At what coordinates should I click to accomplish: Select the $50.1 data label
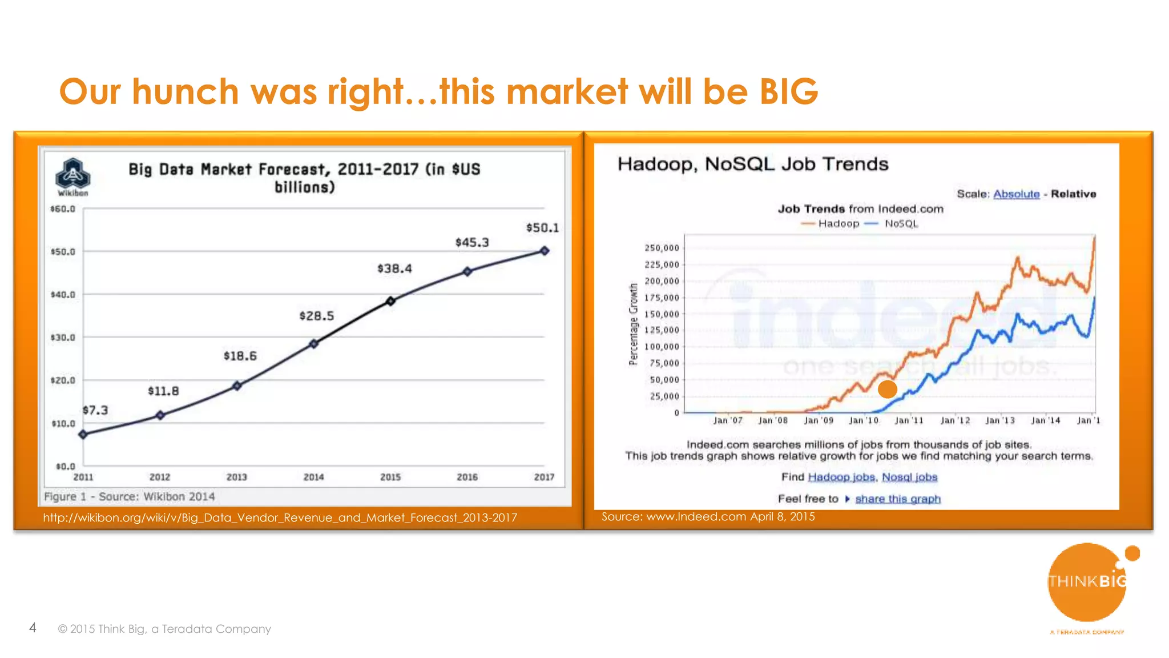(x=542, y=228)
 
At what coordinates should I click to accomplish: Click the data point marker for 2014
(x=313, y=343)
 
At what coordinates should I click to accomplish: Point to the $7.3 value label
(x=95, y=410)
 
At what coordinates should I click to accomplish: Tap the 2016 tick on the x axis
(x=467, y=477)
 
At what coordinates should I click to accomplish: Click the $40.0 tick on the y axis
(x=63, y=295)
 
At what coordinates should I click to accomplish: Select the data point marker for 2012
(x=160, y=415)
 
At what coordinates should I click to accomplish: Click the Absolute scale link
(x=1016, y=194)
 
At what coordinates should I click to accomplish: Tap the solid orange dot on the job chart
(x=887, y=390)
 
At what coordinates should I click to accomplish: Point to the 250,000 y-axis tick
(x=662, y=248)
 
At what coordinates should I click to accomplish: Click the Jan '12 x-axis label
(x=955, y=420)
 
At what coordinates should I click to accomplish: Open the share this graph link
(x=897, y=499)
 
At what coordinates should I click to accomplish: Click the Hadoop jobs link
(x=841, y=477)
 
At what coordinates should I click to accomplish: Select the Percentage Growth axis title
(x=633, y=324)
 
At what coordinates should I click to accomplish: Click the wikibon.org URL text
(x=280, y=517)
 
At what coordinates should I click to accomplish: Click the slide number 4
(x=33, y=628)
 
